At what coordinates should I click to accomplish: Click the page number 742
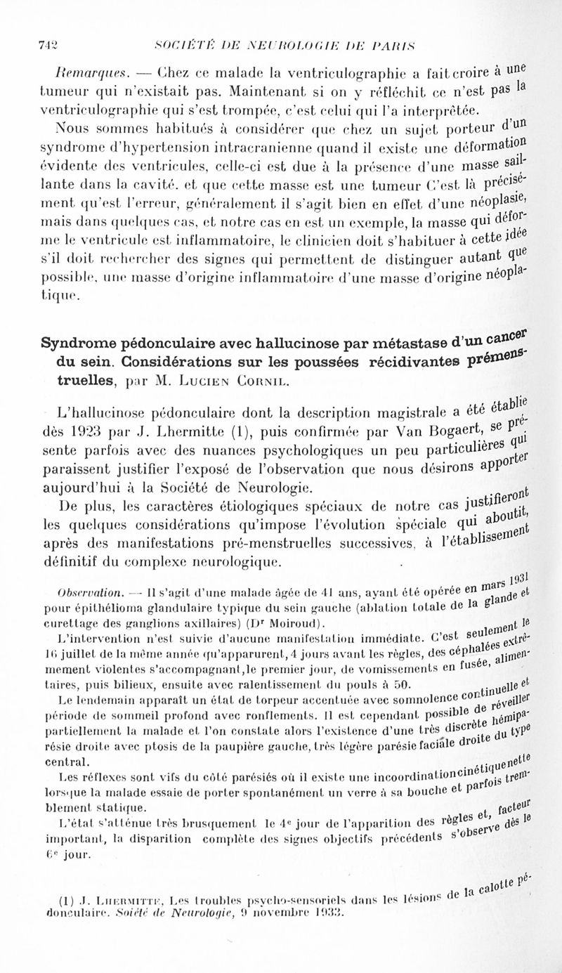[47, 46]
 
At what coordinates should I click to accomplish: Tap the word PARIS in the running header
[403, 46]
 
